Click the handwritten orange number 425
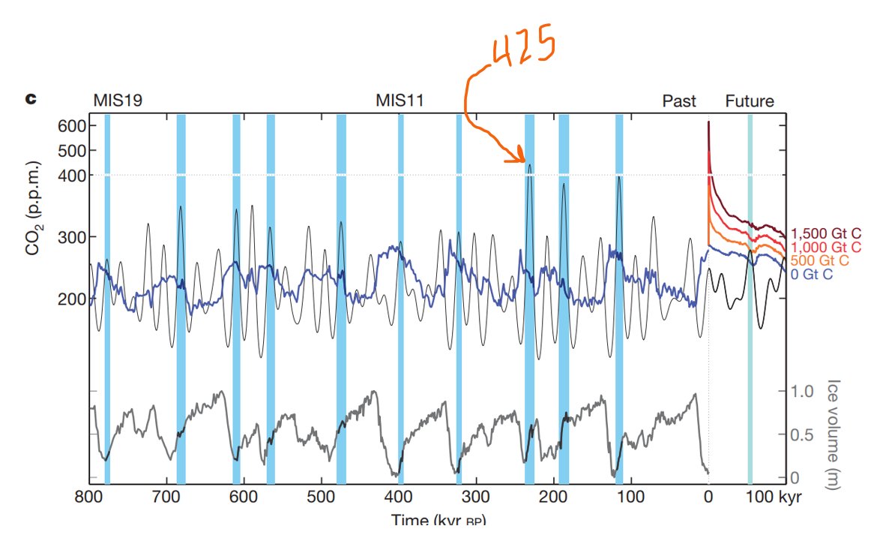pyautogui.click(x=523, y=50)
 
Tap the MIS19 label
pyautogui.click(x=118, y=101)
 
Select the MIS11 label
pyautogui.click(x=400, y=101)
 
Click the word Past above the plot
pyautogui.click(x=679, y=101)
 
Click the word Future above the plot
pyautogui.click(x=750, y=101)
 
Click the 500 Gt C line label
pyautogui.click(x=821, y=260)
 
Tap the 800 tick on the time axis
pyautogui.click(x=89, y=497)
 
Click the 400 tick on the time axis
pyautogui.click(x=399, y=497)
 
